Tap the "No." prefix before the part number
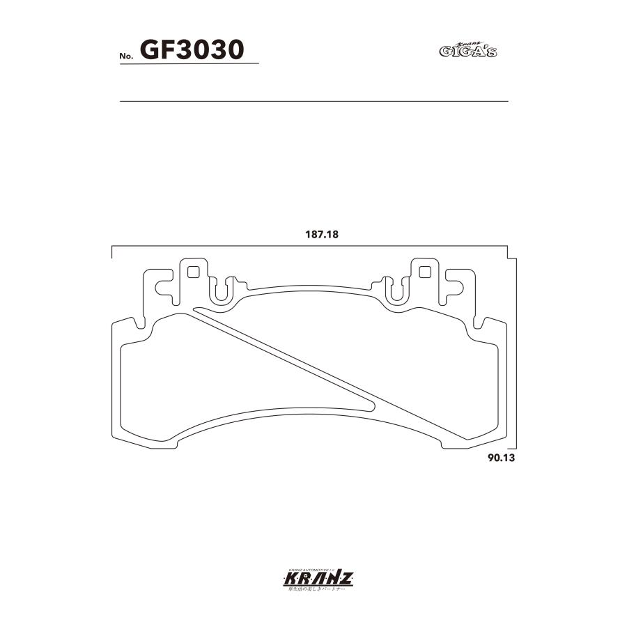point(128,56)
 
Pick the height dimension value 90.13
point(500,459)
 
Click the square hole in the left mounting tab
point(193,271)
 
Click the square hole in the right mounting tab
point(422,271)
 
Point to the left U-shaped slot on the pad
point(221,291)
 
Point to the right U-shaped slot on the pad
point(395,291)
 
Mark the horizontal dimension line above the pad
point(310,246)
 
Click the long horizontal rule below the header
point(314,102)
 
